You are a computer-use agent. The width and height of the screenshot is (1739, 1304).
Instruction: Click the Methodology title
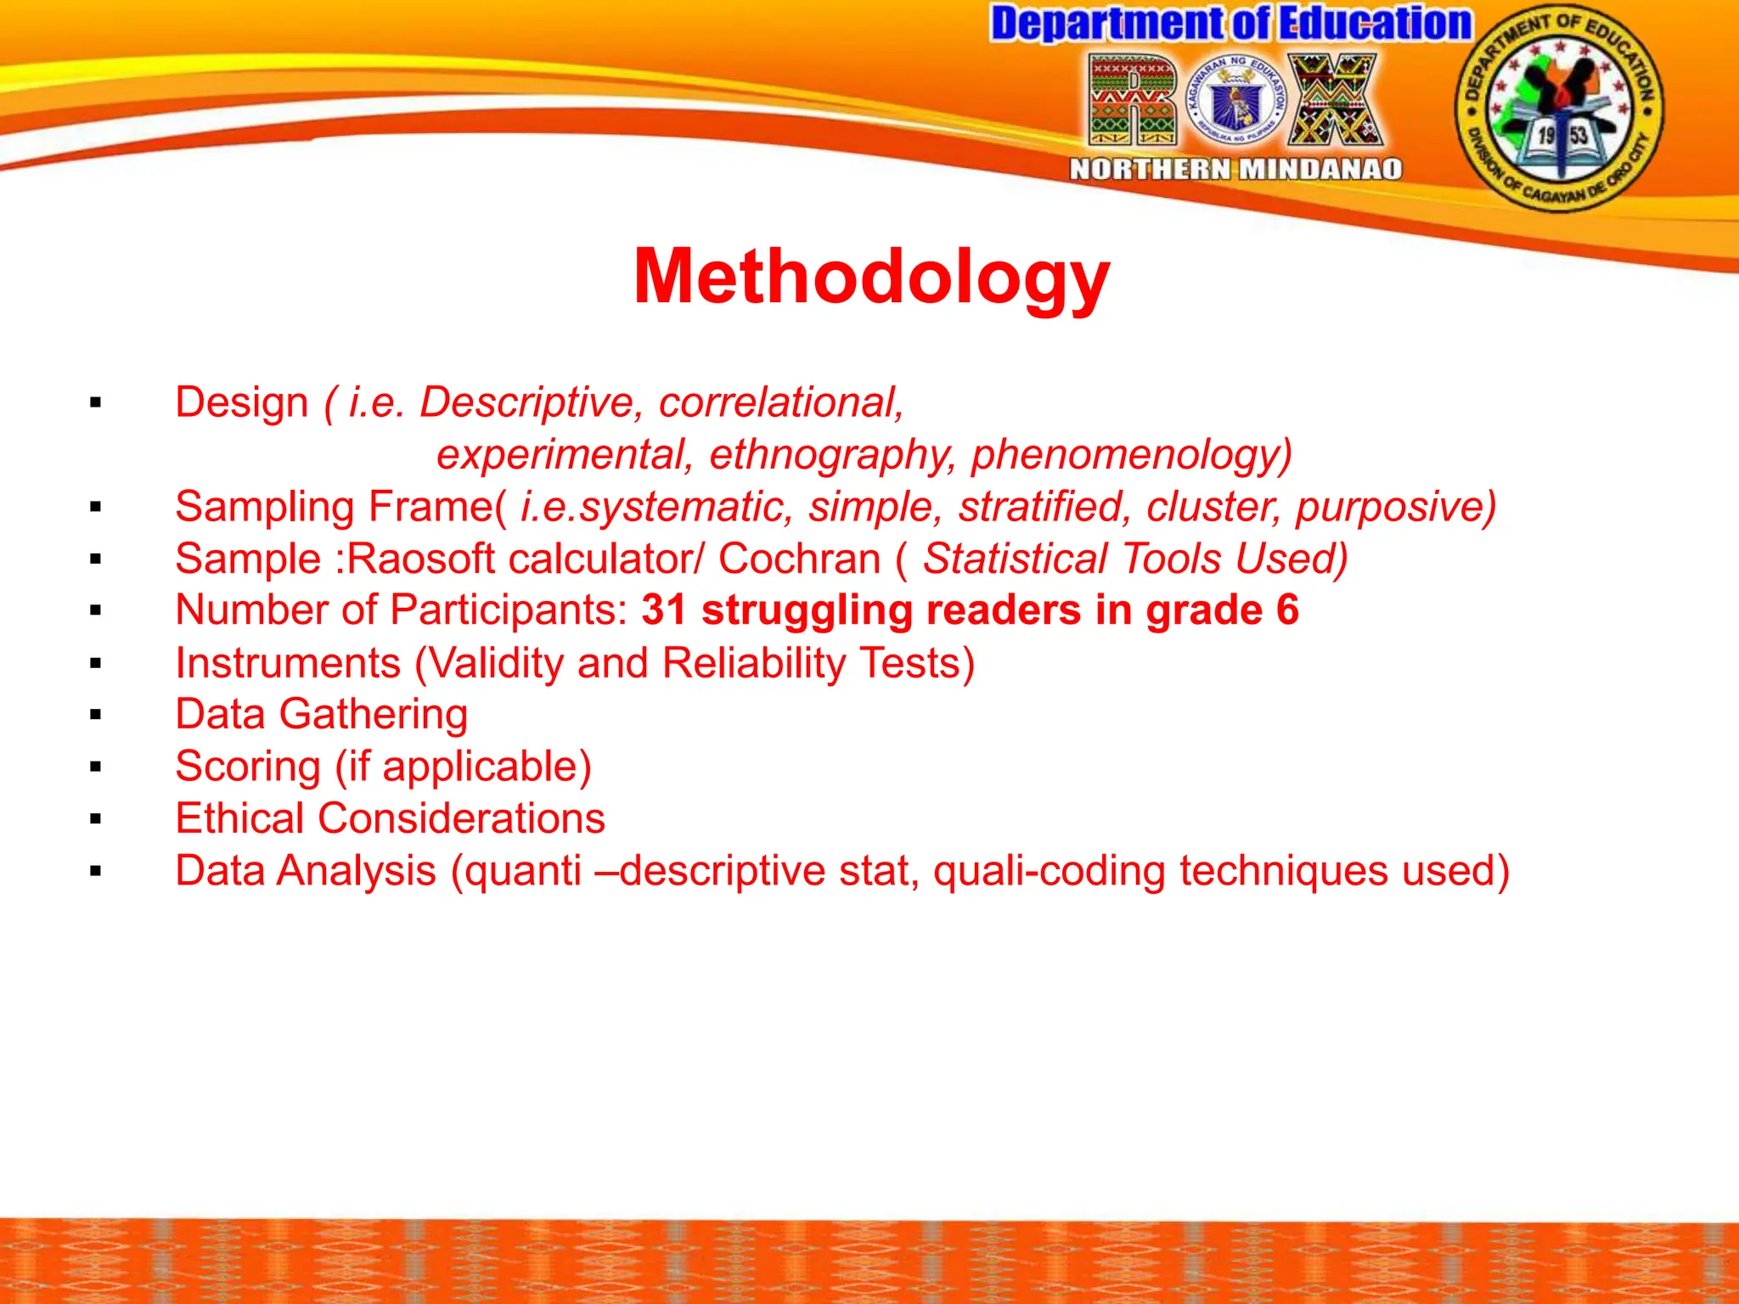[x=871, y=277]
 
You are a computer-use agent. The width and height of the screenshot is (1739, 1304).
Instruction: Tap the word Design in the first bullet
[x=241, y=402]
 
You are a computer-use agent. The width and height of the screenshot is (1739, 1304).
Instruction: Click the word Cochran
[x=799, y=559]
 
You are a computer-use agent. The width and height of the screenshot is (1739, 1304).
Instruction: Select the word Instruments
[x=288, y=663]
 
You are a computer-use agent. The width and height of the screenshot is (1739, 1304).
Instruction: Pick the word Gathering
[x=374, y=715]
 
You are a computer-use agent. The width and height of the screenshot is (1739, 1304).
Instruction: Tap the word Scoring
[x=247, y=767]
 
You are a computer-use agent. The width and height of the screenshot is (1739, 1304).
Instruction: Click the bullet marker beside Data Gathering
[x=95, y=716]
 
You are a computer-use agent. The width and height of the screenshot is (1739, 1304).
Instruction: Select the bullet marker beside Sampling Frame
[x=95, y=508]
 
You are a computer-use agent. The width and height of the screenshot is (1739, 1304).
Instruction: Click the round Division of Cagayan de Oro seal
[x=1559, y=109]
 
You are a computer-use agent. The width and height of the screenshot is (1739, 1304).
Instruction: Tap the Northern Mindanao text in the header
[x=1235, y=169]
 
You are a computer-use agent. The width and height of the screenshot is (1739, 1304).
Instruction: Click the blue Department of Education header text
[x=1230, y=24]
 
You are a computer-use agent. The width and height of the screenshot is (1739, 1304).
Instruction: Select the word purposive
[x=1395, y=507]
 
